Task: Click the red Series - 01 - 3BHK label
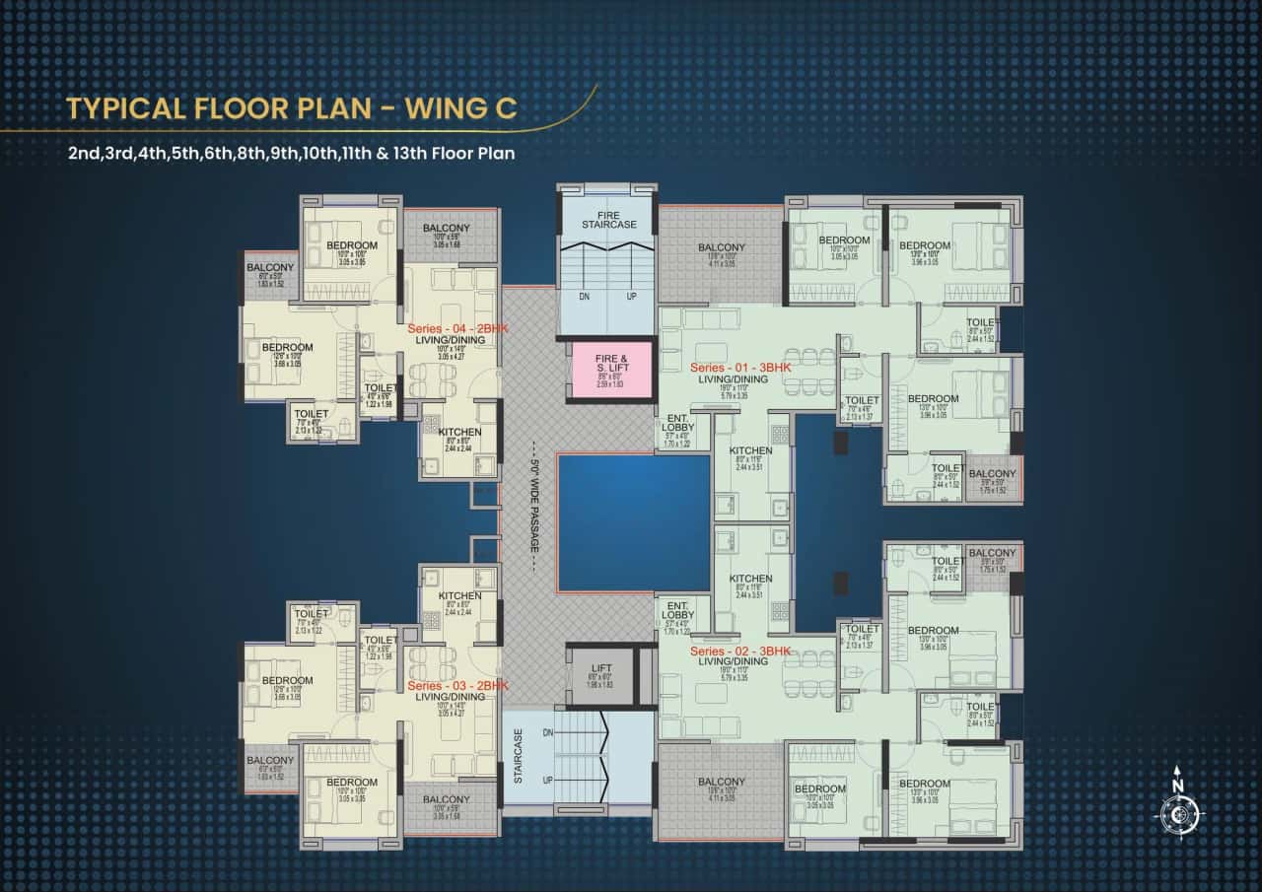point(740,368)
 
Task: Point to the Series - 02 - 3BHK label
point(740,652)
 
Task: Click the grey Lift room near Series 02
point(600,674)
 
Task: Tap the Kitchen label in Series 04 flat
point(459,433)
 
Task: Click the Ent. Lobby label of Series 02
point(677,610)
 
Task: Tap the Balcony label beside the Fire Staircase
point(722,247)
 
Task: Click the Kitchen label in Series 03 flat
point(459,596)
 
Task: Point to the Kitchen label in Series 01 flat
point(751,451)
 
